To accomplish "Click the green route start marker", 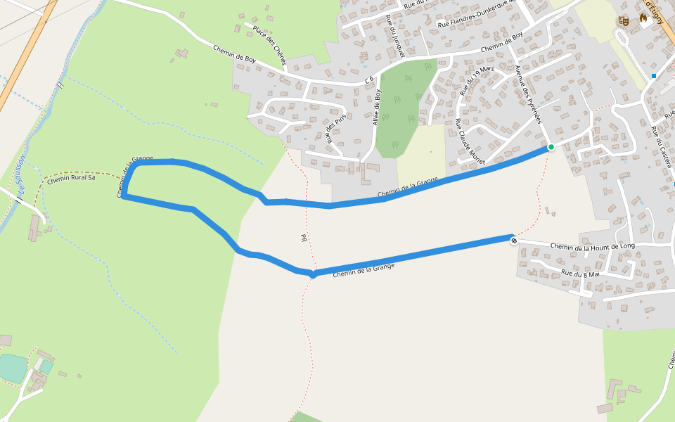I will pos(551,147).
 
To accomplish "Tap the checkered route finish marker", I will pos(514,241).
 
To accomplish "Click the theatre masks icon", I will pos(623,21).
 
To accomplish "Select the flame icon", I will pos(643,20).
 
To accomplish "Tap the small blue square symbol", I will pos(654,76).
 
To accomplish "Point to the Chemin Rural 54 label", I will pos(71,179).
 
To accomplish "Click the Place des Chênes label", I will pos(270,46).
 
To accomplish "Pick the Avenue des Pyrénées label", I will pos(529,95).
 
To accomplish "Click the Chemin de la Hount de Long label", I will pos(593,246).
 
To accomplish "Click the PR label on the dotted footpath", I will pos(304,238).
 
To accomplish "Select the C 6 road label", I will pos(368,81).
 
